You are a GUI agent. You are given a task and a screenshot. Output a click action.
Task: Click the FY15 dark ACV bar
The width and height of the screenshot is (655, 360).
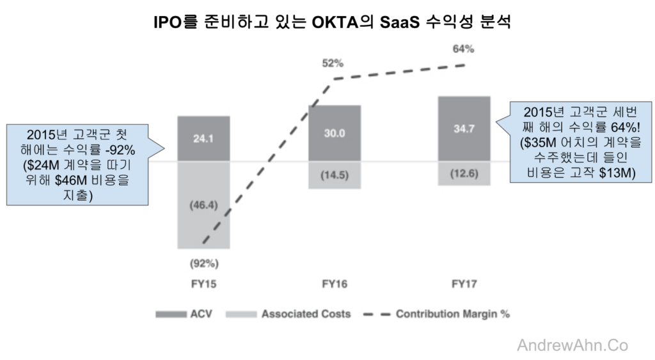[x=203, y=139]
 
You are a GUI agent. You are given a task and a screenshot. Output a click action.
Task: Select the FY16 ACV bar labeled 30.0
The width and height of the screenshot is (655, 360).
[x=335, y=133]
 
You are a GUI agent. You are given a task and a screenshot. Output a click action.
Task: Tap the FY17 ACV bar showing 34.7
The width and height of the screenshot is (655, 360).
[x=464, y=129]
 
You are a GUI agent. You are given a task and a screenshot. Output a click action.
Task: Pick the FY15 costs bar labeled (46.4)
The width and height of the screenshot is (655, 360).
[x=203, y=205]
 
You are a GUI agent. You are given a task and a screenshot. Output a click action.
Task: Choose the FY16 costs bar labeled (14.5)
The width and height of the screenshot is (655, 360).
[x=335, y=175]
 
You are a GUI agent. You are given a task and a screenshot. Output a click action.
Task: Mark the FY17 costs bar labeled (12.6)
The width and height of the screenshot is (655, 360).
[x=464, y=173]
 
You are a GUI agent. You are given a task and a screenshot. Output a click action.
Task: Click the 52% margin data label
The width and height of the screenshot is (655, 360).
[x=333, y=63]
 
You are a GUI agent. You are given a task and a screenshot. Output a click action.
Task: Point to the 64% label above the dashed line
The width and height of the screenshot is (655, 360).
[x=463, y=49]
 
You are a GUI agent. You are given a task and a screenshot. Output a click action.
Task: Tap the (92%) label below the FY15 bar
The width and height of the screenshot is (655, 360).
[x=204, y=263]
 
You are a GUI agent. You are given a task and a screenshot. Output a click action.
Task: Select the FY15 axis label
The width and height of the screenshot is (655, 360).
[x=204, y=284]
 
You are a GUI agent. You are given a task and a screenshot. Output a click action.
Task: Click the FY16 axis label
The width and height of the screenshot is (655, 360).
[x=335, y=284]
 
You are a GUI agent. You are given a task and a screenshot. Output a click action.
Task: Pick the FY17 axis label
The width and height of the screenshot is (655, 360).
[x=464, y=284]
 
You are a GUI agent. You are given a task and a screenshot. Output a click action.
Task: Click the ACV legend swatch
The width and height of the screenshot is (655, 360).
[x=171, y=314]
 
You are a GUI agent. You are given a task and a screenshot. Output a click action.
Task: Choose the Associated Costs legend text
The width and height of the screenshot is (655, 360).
[x=306, y=314]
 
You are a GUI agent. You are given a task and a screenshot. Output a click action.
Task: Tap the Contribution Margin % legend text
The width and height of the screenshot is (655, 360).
[x=453, y=314]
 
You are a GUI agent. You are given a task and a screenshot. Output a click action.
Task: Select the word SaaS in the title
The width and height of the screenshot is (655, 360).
[x=399, y=22]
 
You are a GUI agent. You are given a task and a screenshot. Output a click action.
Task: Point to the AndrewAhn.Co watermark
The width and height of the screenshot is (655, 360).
[x=572, y=345]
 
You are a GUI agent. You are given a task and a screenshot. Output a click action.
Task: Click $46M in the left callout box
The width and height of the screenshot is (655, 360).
[x=70, y=180]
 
